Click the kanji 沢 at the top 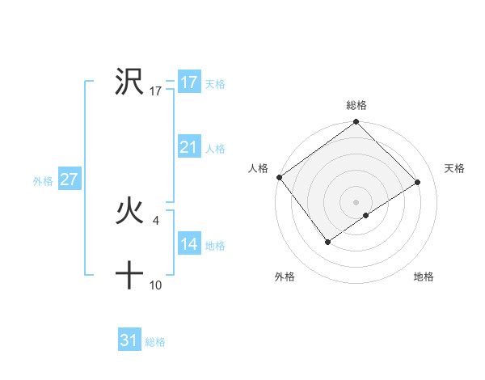130,82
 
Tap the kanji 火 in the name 130,212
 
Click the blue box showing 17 189,82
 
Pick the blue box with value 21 189,147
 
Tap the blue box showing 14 189,244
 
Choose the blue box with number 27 69,179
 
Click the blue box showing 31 129,340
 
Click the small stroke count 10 156,285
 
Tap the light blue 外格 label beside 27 43,181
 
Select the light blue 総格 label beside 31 155,342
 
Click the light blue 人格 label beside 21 215,149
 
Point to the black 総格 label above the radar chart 356,106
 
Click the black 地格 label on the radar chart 424,277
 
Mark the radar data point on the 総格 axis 356,122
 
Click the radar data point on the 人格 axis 279,177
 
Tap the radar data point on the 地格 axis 366,215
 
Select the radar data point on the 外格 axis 328,242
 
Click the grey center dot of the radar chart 356,201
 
